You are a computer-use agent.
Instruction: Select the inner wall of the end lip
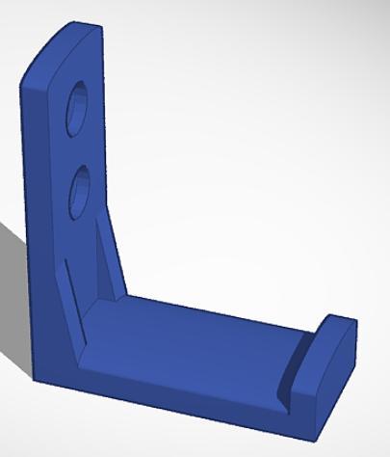coord(293,372)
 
